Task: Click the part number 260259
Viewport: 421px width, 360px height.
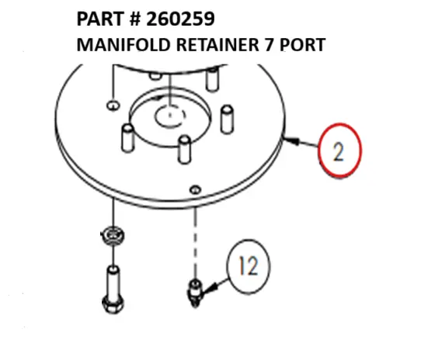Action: point(180,19)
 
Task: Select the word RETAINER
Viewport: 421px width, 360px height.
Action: point(217,45)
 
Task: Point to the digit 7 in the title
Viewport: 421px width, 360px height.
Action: point(270,45)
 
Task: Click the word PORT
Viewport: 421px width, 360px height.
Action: point(303,45)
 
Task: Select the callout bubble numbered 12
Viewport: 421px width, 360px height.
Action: point(249,267)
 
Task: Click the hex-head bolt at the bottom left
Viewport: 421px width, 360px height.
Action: point(113,289)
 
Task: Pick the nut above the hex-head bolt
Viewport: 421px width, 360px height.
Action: point(113,236)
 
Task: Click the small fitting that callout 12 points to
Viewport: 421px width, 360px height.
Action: point(195,293)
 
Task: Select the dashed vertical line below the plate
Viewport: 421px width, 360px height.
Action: point(195,243)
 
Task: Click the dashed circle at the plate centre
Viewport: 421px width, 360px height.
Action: point(170,116)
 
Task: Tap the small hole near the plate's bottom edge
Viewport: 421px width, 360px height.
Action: point(195,189)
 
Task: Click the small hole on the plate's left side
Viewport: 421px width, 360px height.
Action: point(113,106)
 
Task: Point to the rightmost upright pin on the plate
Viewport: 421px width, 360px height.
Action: point(227,119)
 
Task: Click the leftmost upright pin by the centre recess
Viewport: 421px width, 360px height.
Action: point(128,138)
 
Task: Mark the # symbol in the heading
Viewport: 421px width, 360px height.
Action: point(135,19)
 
